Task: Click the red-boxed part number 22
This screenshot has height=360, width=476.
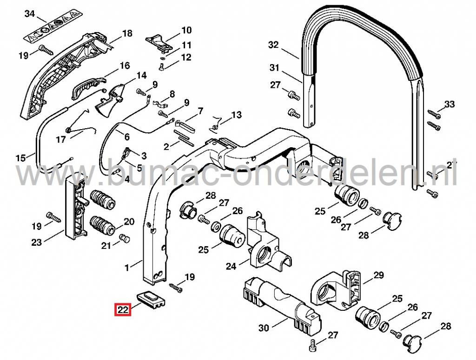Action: pos(123,308)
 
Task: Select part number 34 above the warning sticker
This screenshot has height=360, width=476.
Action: pos(30,14)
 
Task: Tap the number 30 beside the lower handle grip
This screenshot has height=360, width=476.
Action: pos(264,328)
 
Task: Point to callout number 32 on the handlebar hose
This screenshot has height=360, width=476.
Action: pos(273,45)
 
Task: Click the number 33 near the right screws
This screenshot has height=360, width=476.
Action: pos(449,104)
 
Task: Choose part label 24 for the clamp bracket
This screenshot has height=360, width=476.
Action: pos(231,266)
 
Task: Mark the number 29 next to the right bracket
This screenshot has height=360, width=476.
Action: pos(378,275)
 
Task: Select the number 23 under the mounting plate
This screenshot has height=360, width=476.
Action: pos(37,242)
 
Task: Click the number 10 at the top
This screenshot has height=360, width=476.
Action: pos(186,31)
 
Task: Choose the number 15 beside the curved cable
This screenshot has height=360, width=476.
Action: pos(20,158)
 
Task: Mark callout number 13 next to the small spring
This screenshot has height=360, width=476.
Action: pos(236,115)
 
